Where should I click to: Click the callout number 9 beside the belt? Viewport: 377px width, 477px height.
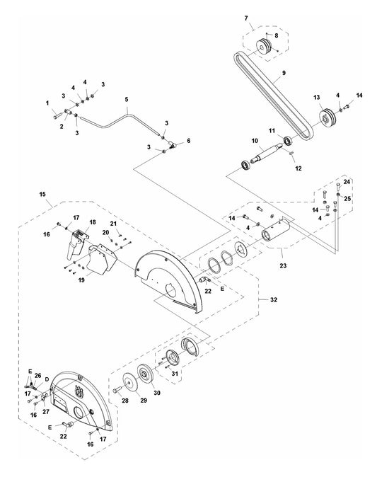[284, 73]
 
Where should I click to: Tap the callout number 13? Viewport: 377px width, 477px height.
[316, 98]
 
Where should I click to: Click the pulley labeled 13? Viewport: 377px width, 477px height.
[327, 117]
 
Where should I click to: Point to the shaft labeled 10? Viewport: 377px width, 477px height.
[267, 153]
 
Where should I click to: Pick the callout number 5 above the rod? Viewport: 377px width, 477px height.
[127, 99]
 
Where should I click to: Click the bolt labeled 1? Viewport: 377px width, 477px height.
[57, 116]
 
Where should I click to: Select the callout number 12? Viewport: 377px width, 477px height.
[298, 168]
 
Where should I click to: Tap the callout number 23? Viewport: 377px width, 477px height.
[283, 265]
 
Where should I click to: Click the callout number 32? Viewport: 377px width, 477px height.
[274, 299]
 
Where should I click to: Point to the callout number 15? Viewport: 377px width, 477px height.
[42, 194]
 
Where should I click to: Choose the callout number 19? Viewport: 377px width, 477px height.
[81, 280]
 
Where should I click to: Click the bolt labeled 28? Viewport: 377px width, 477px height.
[117, 390]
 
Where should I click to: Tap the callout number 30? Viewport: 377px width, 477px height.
[156, 393]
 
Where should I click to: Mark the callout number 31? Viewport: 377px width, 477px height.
[175, 374]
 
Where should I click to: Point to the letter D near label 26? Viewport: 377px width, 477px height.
[47, 379]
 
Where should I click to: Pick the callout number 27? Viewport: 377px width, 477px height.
[46, 412]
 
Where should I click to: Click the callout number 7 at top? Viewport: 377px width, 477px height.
[246, 18]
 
